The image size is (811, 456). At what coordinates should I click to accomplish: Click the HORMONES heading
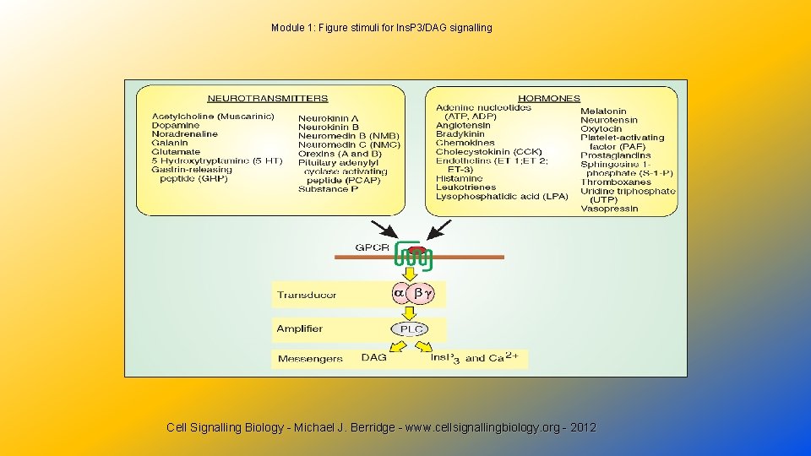(x=549, y=98)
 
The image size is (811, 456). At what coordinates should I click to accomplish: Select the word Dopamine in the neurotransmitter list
(x=176, y=125)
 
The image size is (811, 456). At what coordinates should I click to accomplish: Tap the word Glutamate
(x=176, y=152)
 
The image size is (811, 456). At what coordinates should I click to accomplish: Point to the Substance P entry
(x=328, y=189)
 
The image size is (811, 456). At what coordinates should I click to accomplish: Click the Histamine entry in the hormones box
(x=459, y=178)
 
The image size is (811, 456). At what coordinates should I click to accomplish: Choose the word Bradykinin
(x=460, y=134)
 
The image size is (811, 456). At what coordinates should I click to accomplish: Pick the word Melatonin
(x=603, y=111)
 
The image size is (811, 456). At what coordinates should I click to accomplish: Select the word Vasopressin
(x=609, y=209)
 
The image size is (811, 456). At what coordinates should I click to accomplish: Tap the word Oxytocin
(x=601, y=129)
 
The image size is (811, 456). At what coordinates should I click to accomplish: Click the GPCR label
(x=372, y=248)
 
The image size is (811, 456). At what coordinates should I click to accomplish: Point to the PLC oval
(x=411, y=328)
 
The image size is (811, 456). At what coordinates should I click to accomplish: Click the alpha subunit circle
(x=400, y=293)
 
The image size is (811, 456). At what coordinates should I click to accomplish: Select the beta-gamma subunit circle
(x=422, y=293)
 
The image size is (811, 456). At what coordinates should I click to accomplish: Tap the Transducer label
(x=306, y=295)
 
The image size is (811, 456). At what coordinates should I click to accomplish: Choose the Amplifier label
(x=299, y=328)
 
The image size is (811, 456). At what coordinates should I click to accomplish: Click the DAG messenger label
(x=373, y=358)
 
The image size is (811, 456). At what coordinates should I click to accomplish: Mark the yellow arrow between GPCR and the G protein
(x=411, y=273)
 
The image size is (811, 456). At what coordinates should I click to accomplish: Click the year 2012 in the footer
(x=583, y=428)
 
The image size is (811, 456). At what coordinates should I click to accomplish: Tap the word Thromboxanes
(x=616, y=182)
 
